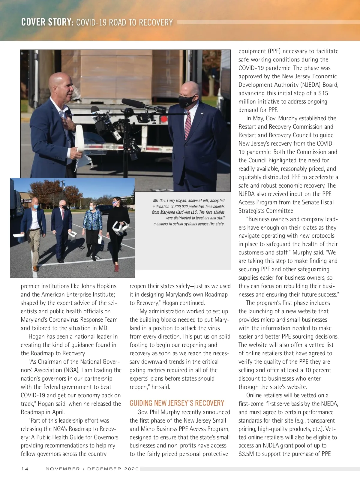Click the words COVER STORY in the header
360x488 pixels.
[x=47, y=22]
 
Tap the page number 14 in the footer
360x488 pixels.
[x=25, y=469]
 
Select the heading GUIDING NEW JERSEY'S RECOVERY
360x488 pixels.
[x=177, y=403]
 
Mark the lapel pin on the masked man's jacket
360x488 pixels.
[x=202, y=113]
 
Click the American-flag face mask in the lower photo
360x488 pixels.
[x=115, y=204]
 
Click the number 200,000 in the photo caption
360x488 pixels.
[x=183, y=206]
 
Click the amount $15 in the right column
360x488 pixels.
[x=323, y=93]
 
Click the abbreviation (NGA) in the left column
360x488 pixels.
[x=71, y=370]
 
